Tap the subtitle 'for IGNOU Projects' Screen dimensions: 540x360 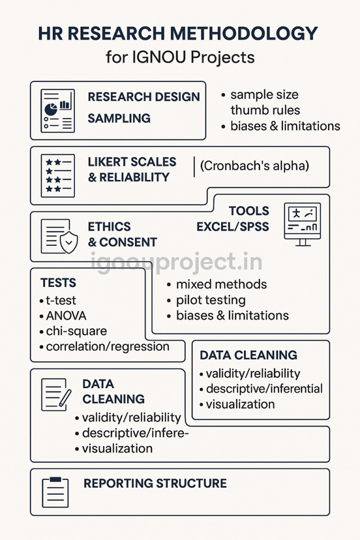click(180, 56)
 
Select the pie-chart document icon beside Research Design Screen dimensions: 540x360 click(57, 110)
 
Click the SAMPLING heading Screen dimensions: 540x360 click(119, 118)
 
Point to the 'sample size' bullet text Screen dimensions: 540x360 click(264, 95)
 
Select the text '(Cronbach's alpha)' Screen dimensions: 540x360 click(255, 166)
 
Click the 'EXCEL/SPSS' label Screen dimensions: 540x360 click(232, 227)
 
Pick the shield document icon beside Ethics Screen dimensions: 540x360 click(59, 236)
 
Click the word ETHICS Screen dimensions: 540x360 click(109, 227)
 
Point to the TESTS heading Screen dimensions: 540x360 click(58, 283)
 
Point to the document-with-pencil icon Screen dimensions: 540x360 click(56, 394)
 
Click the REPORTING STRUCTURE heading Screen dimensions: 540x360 click(155, 484)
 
